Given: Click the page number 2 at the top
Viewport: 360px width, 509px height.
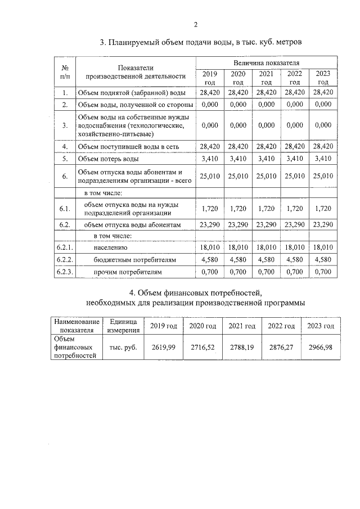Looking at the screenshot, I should tap(196, 24).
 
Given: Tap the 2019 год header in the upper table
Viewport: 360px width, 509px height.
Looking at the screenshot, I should tap(209, 78).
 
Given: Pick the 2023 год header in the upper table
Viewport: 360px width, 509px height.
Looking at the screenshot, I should tap(323, 78).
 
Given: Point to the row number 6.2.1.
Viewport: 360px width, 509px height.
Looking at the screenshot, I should tap(66, 247).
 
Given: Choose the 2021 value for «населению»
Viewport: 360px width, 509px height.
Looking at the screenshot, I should tap(266, 247).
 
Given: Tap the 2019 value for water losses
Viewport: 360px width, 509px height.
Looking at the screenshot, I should tap(209, 159).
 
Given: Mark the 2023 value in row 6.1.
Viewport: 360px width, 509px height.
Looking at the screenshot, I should tap(323, 209).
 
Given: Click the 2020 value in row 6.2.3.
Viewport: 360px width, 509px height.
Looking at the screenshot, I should tap(237, 272).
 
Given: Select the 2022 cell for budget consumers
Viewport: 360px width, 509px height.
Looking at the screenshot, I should tap(295, 260).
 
